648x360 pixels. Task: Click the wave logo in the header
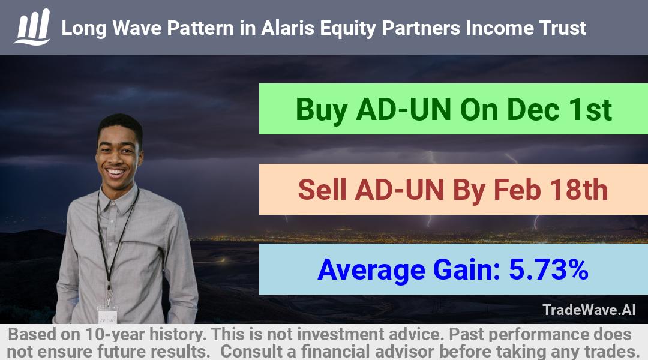click(32, 27)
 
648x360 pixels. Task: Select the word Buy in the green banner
click(322, 110)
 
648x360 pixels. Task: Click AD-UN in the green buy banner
click(403, 109)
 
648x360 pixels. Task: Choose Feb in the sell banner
click(517, 190)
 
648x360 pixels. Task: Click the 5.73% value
click(548, 269)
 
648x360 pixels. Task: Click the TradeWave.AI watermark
click(589, 310)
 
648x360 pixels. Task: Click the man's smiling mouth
click(116, 172)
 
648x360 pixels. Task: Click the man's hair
click(119, 125)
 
